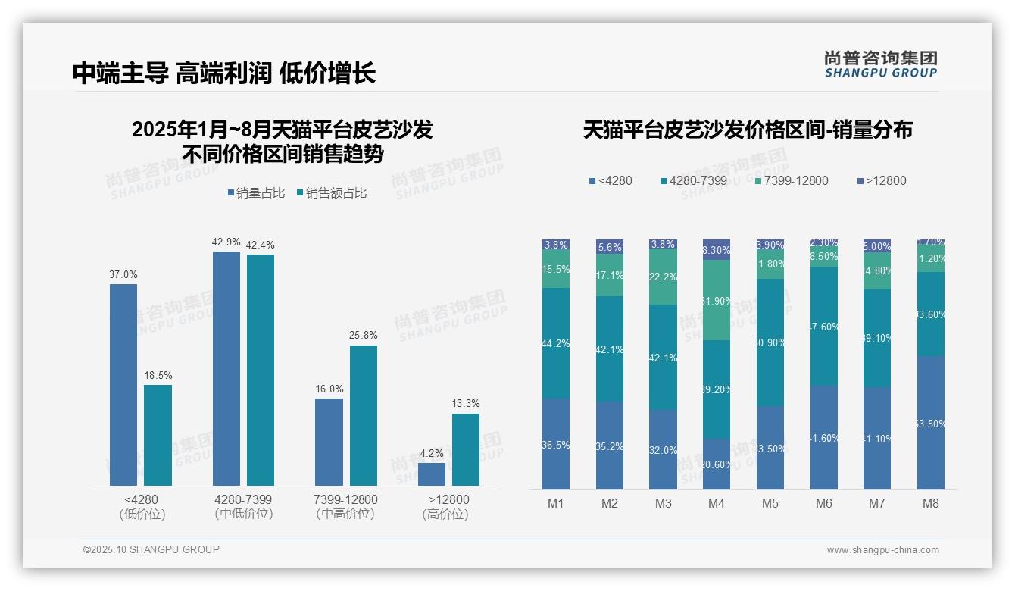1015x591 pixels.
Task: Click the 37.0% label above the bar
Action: click(123, 275)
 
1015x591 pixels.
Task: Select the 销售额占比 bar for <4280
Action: click(158, 435)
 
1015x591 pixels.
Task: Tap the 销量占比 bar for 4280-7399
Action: click(226, 368)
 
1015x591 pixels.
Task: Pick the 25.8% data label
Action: click(364, 336)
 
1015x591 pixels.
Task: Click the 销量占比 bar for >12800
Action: click(432, 474)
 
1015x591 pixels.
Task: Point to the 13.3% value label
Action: click(466, 404)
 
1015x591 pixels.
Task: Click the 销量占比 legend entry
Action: click(256, 193)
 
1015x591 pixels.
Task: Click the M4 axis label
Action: click(717, 503)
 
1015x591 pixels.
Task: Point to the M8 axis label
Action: click(931, 503)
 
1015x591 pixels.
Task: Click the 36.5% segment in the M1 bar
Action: click(556, 444)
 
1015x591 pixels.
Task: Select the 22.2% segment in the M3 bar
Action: click(664, 277)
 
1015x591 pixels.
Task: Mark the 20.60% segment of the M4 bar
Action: click(717, 464)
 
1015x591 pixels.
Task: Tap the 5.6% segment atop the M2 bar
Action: click(610, 247)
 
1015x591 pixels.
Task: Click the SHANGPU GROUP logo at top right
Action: click(880, 64)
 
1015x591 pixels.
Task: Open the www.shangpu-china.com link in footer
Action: click(882, 550)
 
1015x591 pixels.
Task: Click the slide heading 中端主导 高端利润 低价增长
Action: click(224, 73)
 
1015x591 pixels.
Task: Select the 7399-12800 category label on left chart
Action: click(345, 500)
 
